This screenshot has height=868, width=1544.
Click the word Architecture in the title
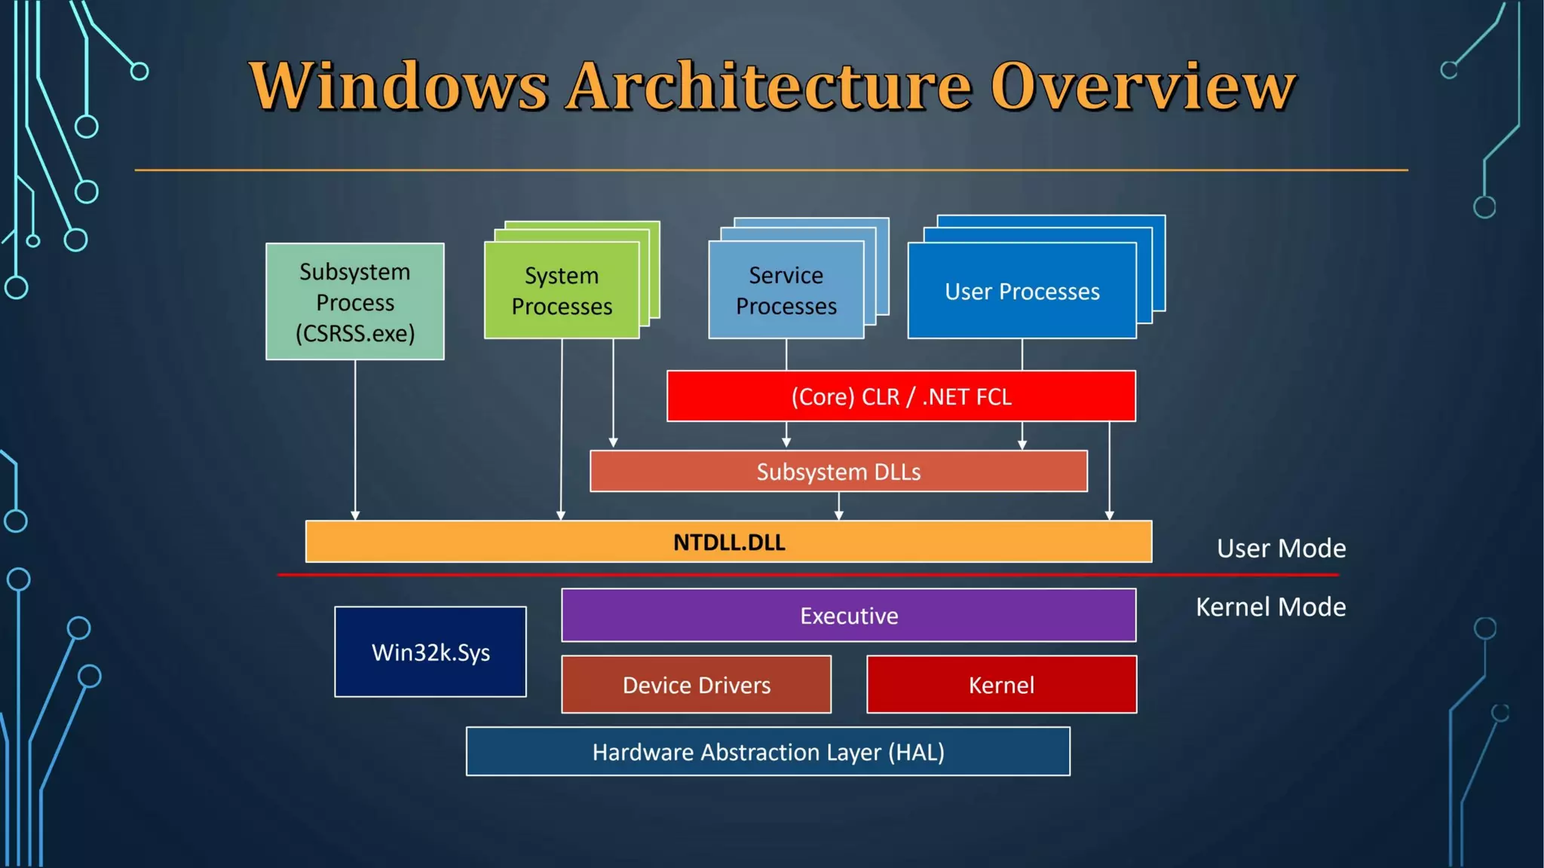[769, 86]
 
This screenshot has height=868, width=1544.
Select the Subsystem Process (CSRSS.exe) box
[354, 301]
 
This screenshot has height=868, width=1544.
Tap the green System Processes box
[562, 291]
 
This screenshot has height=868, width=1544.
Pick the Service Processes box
[786, 291]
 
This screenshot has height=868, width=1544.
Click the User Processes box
[1022, 291]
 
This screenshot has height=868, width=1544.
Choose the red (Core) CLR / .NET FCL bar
[901, 396]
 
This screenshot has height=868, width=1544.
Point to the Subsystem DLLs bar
[838, 472]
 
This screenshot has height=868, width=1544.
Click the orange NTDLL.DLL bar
[728, 542]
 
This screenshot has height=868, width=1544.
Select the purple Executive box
[848, 616]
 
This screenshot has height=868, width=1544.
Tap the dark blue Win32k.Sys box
[430, 652]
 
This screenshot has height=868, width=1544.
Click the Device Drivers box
[696, 685]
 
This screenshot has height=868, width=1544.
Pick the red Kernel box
[1001, 685]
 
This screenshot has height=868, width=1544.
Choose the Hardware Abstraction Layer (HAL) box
[767, 752]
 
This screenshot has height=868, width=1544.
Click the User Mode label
[1281, 549]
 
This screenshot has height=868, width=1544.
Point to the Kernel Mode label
[1270, 607]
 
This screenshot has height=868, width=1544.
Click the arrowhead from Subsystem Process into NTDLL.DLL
[355, 515]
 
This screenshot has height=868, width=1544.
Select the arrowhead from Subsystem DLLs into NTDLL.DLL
[838, 515]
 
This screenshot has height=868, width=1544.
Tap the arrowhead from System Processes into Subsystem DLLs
[613, 443]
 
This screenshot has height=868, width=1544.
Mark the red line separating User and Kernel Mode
[807, 575]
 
